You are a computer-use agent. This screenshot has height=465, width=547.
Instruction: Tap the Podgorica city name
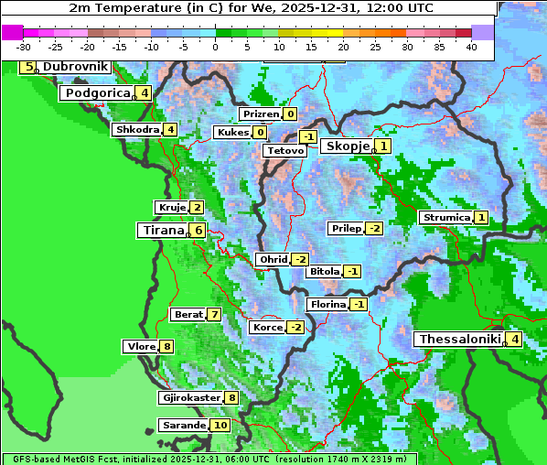click(95, 92)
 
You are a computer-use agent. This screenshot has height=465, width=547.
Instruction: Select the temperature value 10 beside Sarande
click(220, 426)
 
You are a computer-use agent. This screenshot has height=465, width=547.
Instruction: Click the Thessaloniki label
click(459, 339)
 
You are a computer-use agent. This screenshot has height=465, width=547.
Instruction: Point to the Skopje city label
click(347, 146)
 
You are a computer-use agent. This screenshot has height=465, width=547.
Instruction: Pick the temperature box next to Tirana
click(198, 230)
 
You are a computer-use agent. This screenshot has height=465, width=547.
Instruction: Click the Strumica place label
click(445, 218)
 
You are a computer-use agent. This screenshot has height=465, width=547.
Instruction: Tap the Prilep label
click(346, 228)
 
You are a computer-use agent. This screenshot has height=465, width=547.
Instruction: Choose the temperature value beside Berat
click(214, 314)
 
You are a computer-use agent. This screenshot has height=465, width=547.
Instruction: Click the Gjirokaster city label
click(190, 397)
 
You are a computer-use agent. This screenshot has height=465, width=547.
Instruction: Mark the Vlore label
click(141, 346)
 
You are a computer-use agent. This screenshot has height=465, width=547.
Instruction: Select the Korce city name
click(267, 327)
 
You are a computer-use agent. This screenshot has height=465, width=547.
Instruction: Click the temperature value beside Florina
click(359, 304)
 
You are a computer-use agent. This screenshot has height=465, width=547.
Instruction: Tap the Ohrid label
click(273, 260)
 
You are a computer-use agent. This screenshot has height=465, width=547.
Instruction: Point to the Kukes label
click(232, 133)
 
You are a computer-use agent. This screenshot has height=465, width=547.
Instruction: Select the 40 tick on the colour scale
click(471, 46)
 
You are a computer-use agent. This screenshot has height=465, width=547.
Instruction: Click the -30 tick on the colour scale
click(23, 46)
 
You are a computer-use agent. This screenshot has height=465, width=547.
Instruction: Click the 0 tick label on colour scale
click(215, 46)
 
